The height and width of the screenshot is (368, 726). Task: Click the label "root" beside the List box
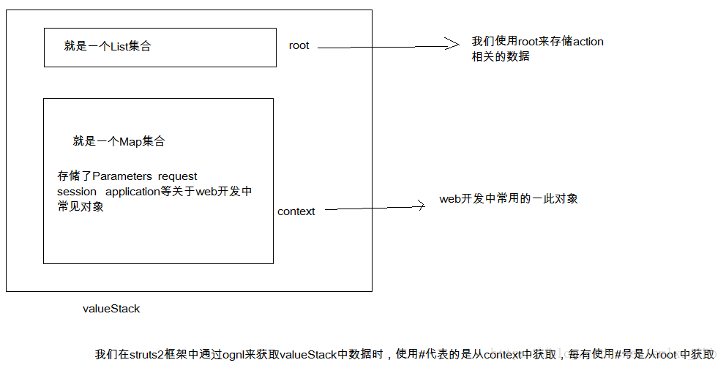click(299, 45)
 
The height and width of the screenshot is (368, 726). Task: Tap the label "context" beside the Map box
click(296, 211)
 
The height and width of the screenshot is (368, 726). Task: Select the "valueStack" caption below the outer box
click(111, 309)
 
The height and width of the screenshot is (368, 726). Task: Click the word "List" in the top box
click(119, 46)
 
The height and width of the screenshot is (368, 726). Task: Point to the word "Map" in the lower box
click(130, 142)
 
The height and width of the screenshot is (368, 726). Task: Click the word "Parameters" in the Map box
click(122, 176)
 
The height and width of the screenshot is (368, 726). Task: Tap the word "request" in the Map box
click(177, 177)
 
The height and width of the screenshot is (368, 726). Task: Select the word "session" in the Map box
click(77, 192)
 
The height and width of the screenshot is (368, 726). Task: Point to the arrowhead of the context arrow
click(421, 206)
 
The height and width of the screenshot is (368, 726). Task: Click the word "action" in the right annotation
click(588, 42)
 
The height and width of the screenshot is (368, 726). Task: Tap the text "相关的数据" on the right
click(501, 56)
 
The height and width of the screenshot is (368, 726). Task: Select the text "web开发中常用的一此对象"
click(509, 199)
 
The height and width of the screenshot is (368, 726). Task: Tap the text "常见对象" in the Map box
click(81, 206)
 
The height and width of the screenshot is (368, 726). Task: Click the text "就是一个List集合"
click(108, 46)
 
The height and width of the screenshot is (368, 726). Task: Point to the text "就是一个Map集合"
click(119, 142)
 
